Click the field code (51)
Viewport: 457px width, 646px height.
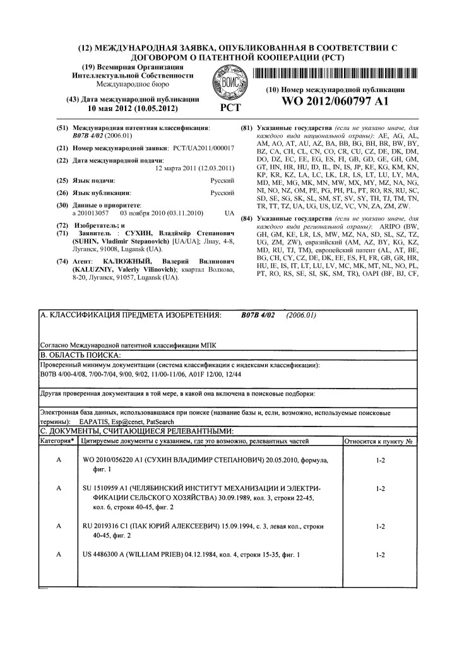pyautogui.click(x=62, y=127)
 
